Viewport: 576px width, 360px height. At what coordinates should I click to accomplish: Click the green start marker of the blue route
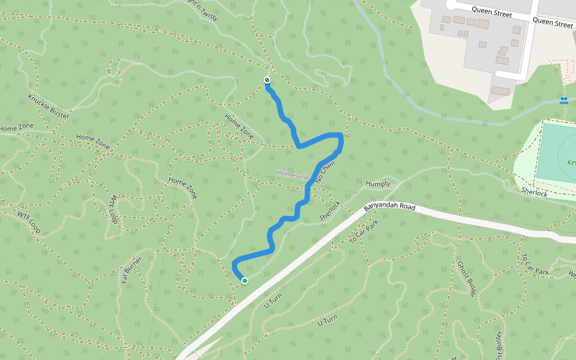(x=245, y=280)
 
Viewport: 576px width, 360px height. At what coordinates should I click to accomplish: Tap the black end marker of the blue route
(x=267, y=80)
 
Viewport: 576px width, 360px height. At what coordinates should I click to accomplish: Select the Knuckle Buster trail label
(x=49, y=106)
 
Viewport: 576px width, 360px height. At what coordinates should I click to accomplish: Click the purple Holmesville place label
(x=292, y=175)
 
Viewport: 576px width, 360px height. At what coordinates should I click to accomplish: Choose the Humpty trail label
(x=378, y=184)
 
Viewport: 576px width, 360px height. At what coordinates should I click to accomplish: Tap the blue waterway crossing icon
(x=563, y=100)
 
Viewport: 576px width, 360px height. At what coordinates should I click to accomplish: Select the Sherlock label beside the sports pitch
(x=534, y=192)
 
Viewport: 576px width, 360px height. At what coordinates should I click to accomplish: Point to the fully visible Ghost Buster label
(x=466, y=279)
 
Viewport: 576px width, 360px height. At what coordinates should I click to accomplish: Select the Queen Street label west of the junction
(x=491, y=10)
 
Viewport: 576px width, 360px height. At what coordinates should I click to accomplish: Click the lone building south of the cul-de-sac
(x=500, y=91)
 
